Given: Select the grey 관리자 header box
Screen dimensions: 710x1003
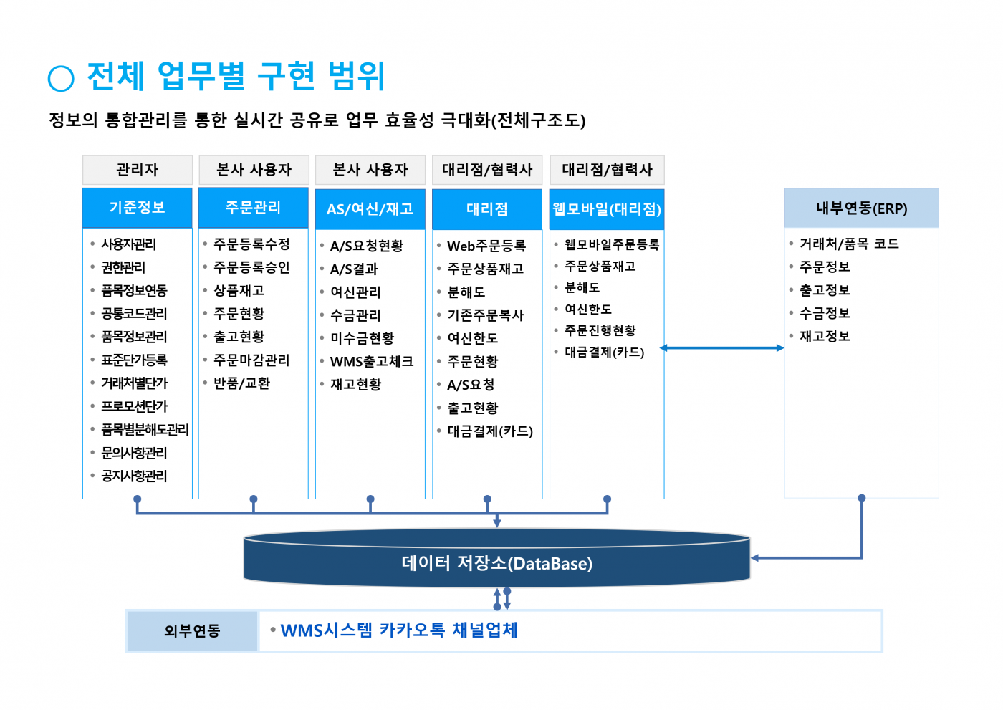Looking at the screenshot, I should click(x=138, y=170).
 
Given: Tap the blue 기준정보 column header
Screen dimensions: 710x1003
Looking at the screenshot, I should click(x=138, y=208).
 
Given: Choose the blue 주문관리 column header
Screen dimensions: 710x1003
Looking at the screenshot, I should click(x=254, y=208).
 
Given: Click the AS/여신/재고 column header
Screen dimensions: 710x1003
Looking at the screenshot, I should click(x=370, y=208).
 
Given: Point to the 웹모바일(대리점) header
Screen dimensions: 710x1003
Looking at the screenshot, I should click(x=607, y=208).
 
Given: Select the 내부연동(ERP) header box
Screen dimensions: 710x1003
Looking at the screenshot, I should click(x=861, y=208).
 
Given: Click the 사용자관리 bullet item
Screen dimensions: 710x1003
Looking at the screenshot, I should click(x=129, y=244).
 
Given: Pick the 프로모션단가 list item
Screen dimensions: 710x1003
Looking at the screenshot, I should click(x=135, y=406).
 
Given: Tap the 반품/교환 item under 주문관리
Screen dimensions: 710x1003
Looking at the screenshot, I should click(x=242, y=383).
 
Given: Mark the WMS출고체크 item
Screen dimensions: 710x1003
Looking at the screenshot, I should click(x=372, y=361).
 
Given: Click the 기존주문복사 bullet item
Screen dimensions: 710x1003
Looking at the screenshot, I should click(x=486, y=315).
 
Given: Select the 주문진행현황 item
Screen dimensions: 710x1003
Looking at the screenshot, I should click(x=600, y=330).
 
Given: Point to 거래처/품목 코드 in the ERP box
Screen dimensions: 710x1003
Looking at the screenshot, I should click(x=849, y=244).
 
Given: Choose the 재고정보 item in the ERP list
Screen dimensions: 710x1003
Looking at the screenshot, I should click(x=825, y=336).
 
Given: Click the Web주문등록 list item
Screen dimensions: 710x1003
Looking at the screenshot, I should click(x=486, y=246).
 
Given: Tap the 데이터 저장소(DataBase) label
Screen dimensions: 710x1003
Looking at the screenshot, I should click(x=497, y=563).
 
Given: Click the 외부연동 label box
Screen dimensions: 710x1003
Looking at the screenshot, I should click(x=192, y=631).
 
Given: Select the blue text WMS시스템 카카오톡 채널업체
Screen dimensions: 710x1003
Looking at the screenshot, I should click(x=399, y=630).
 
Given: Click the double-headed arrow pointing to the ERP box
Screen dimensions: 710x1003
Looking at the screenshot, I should click(x=722, y=348).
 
